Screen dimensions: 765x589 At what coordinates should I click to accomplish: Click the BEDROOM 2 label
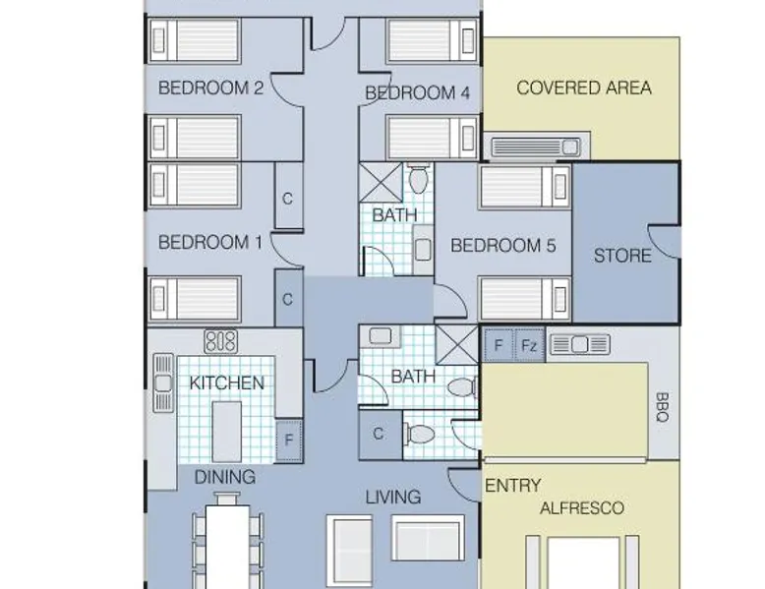click(210, 88)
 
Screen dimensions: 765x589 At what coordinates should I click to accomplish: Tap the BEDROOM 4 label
click(417, 92)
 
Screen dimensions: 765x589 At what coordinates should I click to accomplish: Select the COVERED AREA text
click(584, 88)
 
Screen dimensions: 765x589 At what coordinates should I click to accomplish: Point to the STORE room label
click(622, 256)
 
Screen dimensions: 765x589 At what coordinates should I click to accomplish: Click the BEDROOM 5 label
click(503, 246)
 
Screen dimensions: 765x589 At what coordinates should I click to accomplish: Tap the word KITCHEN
click(227, 383)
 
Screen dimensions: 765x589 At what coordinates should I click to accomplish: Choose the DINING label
click(225, 477)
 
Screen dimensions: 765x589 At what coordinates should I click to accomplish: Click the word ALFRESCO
click(582, 508)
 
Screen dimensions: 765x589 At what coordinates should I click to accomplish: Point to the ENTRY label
click(512, 486)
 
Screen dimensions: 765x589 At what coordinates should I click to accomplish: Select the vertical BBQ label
click(662, 407)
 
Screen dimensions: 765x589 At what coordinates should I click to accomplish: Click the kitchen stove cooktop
click(221, 341)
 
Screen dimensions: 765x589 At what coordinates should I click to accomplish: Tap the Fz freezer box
click(529, 345)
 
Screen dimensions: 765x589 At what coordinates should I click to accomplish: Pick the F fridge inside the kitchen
click(289, 441)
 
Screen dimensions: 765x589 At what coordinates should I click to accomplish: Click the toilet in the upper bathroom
click(418, 179)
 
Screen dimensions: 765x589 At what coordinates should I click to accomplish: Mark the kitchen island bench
click(227, 432)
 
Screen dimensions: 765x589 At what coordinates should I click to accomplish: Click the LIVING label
click(393, 498)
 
